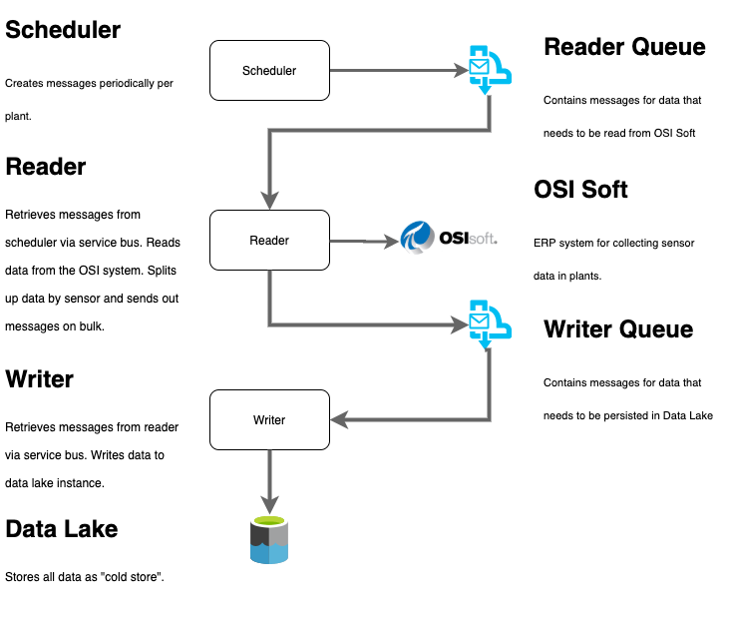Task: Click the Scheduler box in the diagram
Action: [269, 70]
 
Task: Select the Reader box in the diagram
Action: [269, 240]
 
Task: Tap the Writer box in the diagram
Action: [269, 419]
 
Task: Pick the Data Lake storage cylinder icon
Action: [269, 540]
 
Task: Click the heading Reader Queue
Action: [624, 47]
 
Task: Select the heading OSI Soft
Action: [580, 190]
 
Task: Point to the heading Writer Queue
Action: [617, 328]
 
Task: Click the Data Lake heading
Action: [62, 529]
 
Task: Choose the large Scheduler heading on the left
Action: [63, 30]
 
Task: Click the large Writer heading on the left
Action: [40, 379]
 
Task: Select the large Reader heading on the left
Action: [46, 167]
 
